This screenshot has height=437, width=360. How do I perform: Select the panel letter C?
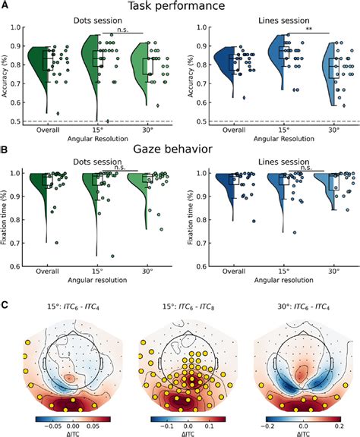pyautogui.click(x=6, y=304)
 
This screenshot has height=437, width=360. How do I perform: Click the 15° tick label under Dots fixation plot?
pyautogui.click(x=97, y=272)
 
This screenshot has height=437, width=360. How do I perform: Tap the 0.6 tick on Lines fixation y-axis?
pyautogui.click(x=202, y=266)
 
